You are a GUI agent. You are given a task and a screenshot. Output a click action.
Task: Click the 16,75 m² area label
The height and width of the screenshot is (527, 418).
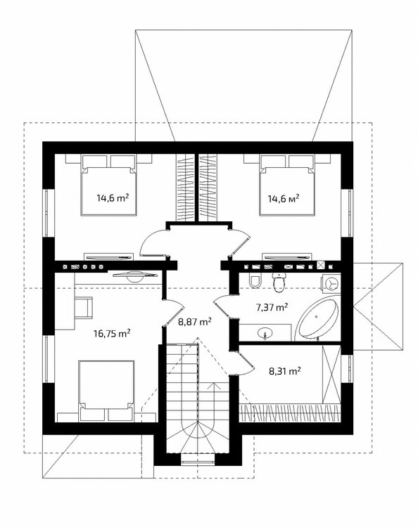click(112, 333)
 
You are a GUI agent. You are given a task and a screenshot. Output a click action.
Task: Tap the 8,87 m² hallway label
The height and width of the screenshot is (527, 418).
click(194, 322)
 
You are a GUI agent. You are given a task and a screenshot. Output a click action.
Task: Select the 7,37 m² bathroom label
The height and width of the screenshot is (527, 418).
click(272, 307)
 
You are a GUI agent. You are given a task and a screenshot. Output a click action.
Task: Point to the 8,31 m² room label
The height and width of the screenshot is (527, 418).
click(285, 371)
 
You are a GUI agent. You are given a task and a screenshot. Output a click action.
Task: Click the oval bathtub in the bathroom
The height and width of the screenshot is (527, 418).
click(317, 318)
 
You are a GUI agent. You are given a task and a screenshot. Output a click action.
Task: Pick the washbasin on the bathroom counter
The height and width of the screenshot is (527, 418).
click(266, 333)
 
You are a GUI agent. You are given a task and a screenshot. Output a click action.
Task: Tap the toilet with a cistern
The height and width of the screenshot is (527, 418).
click(279, 282)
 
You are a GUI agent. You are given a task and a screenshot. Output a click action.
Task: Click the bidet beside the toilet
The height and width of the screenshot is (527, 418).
click(255, 281)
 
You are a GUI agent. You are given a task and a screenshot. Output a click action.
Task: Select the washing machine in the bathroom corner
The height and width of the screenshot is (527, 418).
click(331, 283)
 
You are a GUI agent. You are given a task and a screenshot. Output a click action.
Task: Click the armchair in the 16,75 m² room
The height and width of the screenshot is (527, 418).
click(84, 306)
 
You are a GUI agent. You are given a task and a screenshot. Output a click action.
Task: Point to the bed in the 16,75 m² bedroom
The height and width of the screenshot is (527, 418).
click(106, 391)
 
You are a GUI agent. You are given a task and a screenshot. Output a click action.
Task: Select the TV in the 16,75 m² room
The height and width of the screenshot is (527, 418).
click(135, 275)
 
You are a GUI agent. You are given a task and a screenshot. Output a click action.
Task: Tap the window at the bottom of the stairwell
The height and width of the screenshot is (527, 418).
click(198, 459)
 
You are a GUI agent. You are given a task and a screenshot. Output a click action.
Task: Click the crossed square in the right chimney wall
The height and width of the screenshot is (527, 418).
click(321, 265)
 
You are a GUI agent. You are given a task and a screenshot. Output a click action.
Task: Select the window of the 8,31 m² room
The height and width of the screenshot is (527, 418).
click(350, 369)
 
